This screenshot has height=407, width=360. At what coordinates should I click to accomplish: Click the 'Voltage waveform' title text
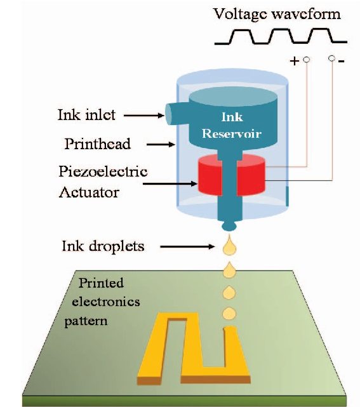pyautogui.click(x=277, y=15)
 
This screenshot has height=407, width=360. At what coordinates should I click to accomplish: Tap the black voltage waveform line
pyautogui.click(x=281, y=36)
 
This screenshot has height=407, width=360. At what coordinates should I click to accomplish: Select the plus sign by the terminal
pyautogui.click(x=295, y=61)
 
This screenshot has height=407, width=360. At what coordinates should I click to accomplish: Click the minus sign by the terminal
pyautogui.click(x=342, y=61)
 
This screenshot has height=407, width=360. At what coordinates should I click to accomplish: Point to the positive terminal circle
pyautogui.click(x=307, y=60)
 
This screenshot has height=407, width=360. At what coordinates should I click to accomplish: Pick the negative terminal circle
pyautogui.click(x=331, y=58)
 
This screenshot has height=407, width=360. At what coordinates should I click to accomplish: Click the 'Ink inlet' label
pyautogui.click(x=86, y=114)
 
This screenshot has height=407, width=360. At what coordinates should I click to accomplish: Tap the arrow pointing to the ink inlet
pyautogui.click(x=144, y=116)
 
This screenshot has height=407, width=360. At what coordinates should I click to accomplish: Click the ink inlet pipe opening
pyautogui.click(x=169, y=114)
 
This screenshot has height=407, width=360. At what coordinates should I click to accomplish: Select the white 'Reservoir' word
pyautogui.click(x=232, y=133)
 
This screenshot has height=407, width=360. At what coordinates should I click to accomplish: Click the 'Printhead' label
pyautogui.click(x=97, y=143)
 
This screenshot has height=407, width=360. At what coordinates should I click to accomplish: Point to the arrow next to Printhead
pyautogui.click(x=161, y=144)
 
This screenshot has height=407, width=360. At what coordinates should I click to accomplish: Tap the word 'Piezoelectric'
pyautogui.click(x=103, y=172)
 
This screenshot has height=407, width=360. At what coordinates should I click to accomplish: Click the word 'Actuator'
pyautogui.click(x=89, y=192)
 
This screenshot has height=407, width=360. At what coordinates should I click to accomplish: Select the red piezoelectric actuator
pyautogui.click(x=231, y=175)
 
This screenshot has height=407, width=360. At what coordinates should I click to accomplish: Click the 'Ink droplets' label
pyautogui.click(x=103, y=246)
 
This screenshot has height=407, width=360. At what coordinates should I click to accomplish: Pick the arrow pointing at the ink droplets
pyautogui.click(x=187, y=246)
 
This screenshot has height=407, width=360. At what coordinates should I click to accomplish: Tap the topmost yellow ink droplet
pyautogui.click(x=229, y=244)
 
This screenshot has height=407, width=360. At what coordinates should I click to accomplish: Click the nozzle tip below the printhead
pyautogui.click(x=229, y=225)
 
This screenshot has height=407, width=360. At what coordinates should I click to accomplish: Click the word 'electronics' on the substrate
pyautogui.click(x=106, y=302)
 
